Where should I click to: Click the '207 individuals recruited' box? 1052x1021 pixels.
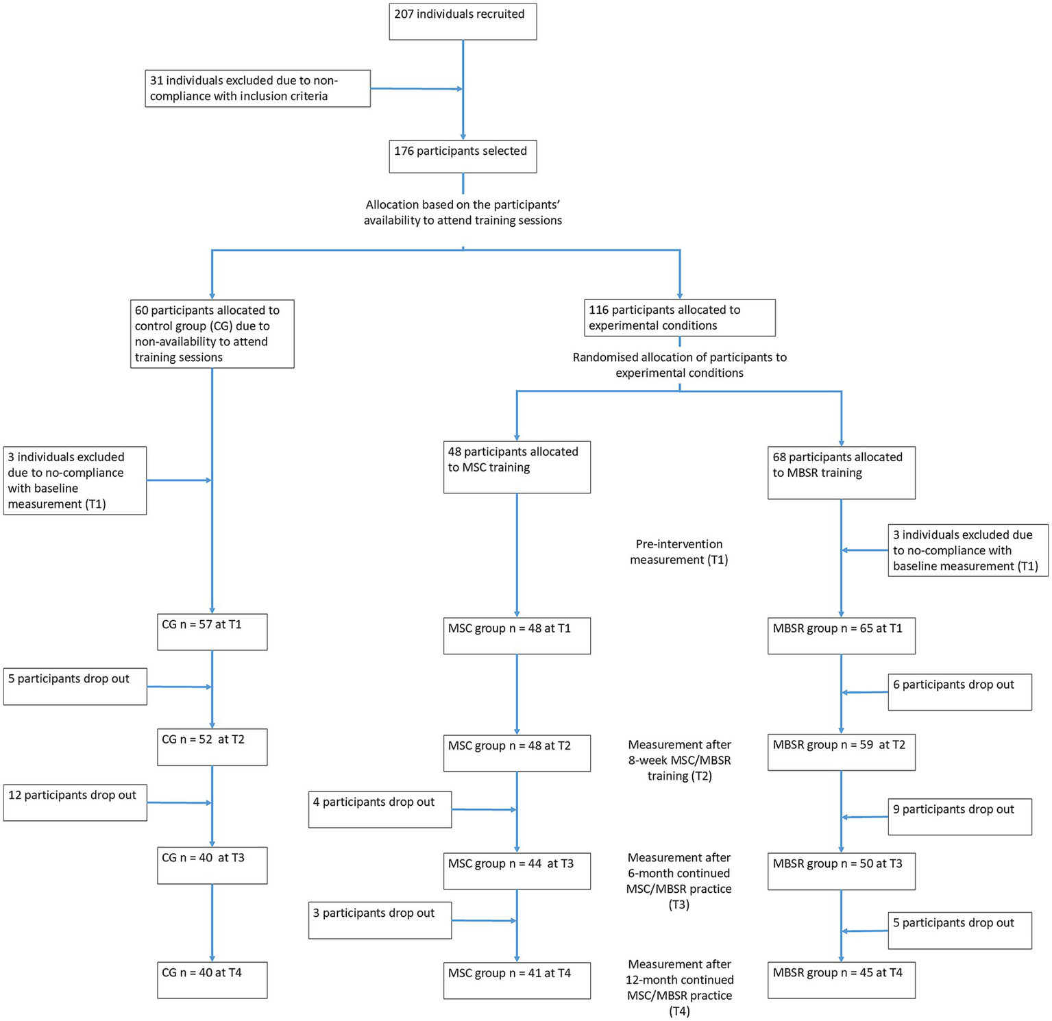click(463, 21)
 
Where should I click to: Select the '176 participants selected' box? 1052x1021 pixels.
click(463, 156)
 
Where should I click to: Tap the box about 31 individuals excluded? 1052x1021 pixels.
click(258, 88)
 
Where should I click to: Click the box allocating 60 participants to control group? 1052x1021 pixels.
click(212, 334)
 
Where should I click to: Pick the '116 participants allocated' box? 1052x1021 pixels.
click(679, 318)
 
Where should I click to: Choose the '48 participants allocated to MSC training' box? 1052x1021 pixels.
click(517, 467)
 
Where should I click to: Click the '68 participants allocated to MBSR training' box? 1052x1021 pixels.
click(841, 472)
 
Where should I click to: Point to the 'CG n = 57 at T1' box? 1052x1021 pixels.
click(212, 632)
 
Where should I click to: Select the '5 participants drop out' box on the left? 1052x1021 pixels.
click(75, 686)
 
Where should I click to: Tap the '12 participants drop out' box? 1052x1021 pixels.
click(75, 802)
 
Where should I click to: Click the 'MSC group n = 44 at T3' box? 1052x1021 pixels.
click(517, 870)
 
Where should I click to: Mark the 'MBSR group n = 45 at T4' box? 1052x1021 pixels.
click(841, 980)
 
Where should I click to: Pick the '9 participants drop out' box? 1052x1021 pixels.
click(959, 817)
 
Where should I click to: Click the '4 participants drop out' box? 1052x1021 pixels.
click(380, 809)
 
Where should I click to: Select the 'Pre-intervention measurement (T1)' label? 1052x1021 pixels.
click(678, 552)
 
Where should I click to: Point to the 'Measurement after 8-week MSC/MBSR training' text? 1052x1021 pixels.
click(679, 760)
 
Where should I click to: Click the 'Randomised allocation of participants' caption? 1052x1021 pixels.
click(679, 365)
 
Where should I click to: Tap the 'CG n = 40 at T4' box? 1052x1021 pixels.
click(212, 980)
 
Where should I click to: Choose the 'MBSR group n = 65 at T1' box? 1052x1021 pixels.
click(841, 636)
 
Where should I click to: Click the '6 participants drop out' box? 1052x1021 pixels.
click(959, 692)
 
